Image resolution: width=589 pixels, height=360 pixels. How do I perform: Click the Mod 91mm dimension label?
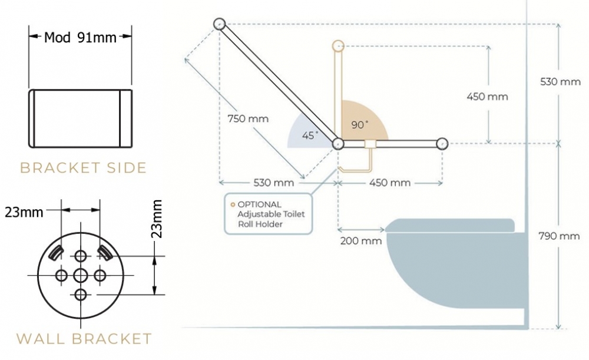80,38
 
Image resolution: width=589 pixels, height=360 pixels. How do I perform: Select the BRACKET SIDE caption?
83,167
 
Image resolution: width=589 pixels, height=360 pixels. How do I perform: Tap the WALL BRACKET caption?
84,339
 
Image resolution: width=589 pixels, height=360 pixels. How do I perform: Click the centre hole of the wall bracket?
80,275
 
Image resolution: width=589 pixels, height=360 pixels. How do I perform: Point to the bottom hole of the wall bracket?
80,295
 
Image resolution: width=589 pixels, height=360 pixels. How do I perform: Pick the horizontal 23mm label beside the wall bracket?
24,213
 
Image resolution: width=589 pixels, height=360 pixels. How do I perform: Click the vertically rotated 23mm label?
158,219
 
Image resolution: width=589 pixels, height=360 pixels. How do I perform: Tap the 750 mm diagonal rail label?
248,119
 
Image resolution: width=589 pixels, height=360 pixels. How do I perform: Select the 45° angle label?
310,135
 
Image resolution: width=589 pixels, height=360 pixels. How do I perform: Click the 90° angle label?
360,124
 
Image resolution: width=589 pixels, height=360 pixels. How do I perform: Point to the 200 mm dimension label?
361,241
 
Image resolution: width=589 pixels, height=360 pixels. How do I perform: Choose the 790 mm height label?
559,236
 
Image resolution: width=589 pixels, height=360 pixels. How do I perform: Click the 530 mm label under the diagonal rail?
273,183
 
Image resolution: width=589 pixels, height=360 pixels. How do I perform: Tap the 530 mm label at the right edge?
560,81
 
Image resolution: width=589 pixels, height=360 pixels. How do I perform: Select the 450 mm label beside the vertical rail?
487,97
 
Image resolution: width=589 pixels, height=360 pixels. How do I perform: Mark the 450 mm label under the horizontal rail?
389,183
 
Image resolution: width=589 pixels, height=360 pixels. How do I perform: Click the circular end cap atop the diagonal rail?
219,24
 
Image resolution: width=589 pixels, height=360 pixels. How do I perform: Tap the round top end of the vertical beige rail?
338,46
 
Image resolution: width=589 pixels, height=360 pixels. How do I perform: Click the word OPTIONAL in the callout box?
259,204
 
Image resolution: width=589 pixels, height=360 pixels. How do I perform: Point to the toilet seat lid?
449,226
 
